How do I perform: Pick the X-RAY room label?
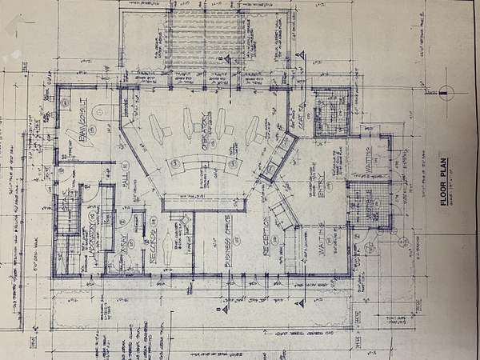pyautogui.click(x=123, y=246)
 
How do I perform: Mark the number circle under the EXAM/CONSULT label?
pyautogui.click(x=92, y=132)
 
